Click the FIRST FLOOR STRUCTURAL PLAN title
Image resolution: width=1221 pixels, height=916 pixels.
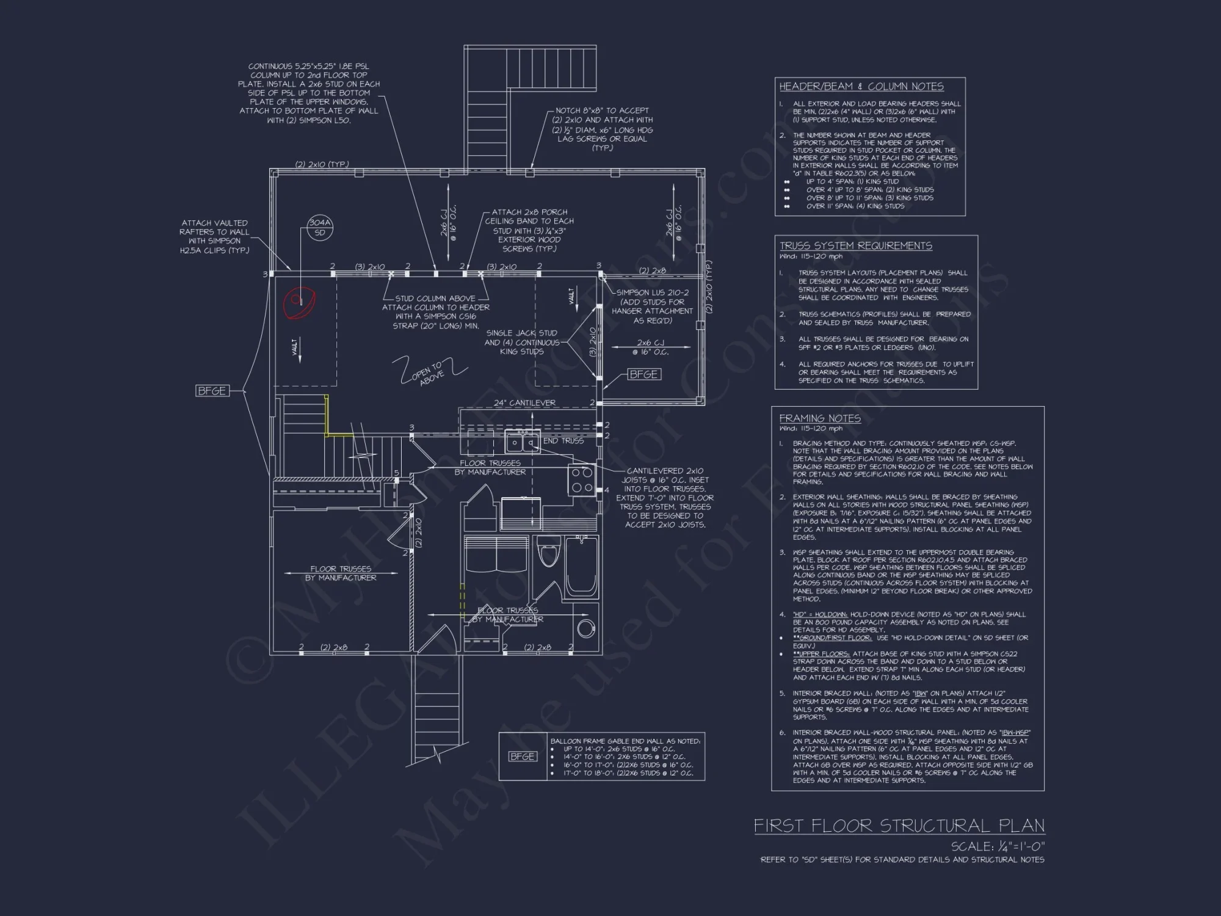pos(899,826)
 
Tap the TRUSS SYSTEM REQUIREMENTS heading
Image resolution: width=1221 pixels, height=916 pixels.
pos(855,245)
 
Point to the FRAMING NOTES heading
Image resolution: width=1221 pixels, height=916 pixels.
pos(819,418)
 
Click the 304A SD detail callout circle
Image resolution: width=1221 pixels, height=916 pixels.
pos(319,227)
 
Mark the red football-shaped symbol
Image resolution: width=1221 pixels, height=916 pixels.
pos(299,302)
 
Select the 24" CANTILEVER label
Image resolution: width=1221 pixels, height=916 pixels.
pos(524,403)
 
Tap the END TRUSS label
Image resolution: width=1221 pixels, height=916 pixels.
pos(563,440)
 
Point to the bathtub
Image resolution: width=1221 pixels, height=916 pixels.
pos(581,567)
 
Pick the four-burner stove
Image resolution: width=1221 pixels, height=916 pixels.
pos(582,479)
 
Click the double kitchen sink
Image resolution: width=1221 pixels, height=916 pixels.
pos(522,442)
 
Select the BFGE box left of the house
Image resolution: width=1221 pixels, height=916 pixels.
pos(212,391)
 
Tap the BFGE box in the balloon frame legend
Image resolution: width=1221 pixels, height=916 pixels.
pos(523,757)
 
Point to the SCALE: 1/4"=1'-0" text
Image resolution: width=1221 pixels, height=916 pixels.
pos(998,846)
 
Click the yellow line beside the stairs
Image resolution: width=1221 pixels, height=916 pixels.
pos(328,415)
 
